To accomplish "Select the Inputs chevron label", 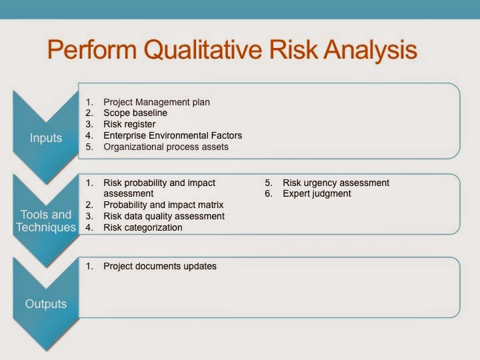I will pyautogui.click(x=46, y=138).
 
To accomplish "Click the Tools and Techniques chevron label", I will pyautogui.click(x=46, y=221).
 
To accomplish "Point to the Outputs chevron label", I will pyautogui.click(x=46, y=304).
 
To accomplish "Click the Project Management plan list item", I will pyautogui.click(x=157, y=102).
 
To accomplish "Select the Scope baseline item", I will pyautogui.click(x=135, y=113).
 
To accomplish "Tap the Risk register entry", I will pyautogui.click(x=129, y=124).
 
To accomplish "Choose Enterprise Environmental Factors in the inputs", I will pyautogui.click(x=173, y=135).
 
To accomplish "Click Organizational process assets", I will pyautogui.click(x=166, y=147).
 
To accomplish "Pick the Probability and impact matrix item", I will pyautogui.click(x=163, y=205).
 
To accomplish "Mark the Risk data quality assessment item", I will pyautogui.click(x=164, y=216).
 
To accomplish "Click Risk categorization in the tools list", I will pyautogui.click(x=143, y=227).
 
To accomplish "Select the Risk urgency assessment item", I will pyautogui.click(x=336, y=183).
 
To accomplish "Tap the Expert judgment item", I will pyautogui.click(x=317, y=193).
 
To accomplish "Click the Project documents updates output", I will pyautogui.click(x=160, y=266).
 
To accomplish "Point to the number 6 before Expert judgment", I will pyautogui.click(x=268, y=193).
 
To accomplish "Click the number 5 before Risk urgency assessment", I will pyautogui.click(x=268, y=183).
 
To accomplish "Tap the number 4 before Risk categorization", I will pyautogui.click(x=89, y=227).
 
